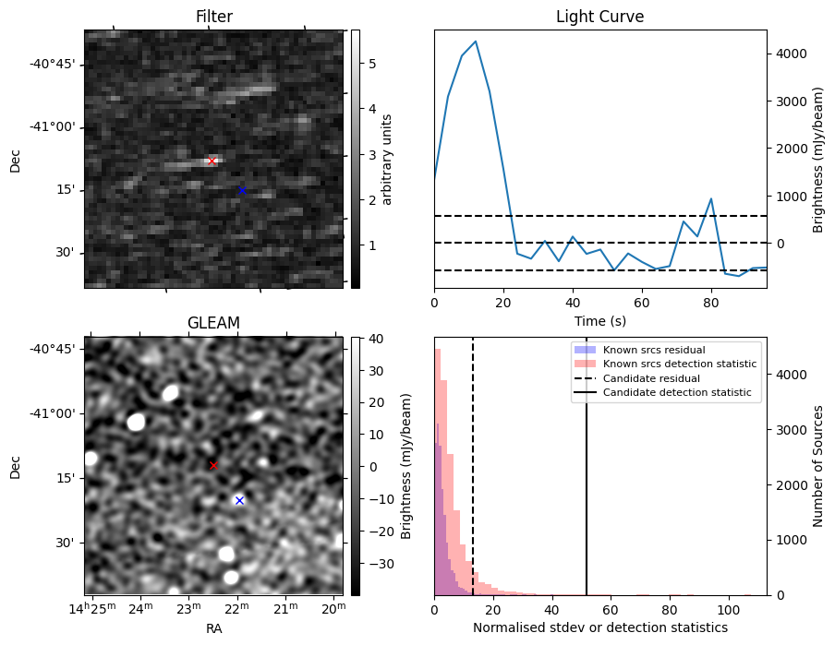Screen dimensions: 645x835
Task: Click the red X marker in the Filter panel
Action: click(212, 161)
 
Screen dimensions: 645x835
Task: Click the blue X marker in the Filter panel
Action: click(241, 190)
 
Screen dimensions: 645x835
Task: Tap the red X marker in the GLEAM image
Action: click(213, 465)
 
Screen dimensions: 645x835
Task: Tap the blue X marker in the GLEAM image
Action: click(239, 500)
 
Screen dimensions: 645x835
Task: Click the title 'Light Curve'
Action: click(599, 17)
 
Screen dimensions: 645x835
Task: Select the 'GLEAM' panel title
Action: click(213, 323)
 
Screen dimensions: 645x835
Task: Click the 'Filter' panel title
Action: click(213, 17)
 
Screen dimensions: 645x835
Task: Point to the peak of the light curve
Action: click(476, 42)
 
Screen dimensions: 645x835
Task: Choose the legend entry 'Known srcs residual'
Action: click(654, 350)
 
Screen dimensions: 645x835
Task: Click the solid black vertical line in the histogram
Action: click(587, 480)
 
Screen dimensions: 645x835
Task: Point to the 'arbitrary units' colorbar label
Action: click(388, 159)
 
